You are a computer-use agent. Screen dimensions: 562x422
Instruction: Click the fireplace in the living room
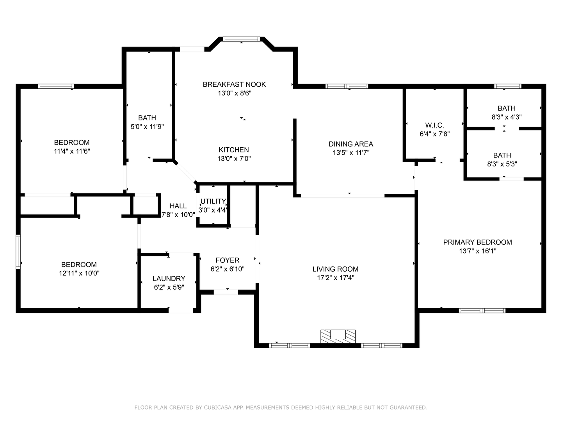tap(338, 336)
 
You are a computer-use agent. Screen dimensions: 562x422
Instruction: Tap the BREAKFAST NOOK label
tap(234, 84)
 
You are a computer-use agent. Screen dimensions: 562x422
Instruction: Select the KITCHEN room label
tap(234, 150)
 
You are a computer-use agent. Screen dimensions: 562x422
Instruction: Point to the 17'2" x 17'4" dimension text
tap(335, 278)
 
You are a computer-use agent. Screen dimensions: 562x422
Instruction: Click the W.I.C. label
tap(434, 125)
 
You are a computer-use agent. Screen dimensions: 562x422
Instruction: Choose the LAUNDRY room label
tap(169, 279)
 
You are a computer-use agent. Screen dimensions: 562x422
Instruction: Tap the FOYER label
tap(228, 260)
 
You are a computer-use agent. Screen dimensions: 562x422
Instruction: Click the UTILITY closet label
tap(213, 201)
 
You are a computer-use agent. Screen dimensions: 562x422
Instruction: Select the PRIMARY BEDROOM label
tap(478, 242)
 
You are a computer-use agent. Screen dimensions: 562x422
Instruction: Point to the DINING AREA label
tap(351, 144)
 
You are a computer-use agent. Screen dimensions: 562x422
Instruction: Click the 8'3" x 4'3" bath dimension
tap(507, 117)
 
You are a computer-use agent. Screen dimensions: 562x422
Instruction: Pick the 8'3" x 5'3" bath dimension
tap(502, 164)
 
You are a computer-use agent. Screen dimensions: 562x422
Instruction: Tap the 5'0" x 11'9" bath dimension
tap(147, 127)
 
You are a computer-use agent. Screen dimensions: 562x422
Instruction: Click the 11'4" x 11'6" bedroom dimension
tap(72, 151)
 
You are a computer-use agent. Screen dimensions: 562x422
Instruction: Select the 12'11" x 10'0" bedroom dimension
tap(79, 274)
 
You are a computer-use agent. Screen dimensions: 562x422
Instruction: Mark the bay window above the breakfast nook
tap(241, 39)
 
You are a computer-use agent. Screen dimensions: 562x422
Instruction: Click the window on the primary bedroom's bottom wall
tap(482, 311)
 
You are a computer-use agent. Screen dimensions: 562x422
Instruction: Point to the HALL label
tap(178, 206)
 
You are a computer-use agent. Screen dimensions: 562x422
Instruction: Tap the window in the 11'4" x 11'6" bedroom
tap(56, 86)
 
